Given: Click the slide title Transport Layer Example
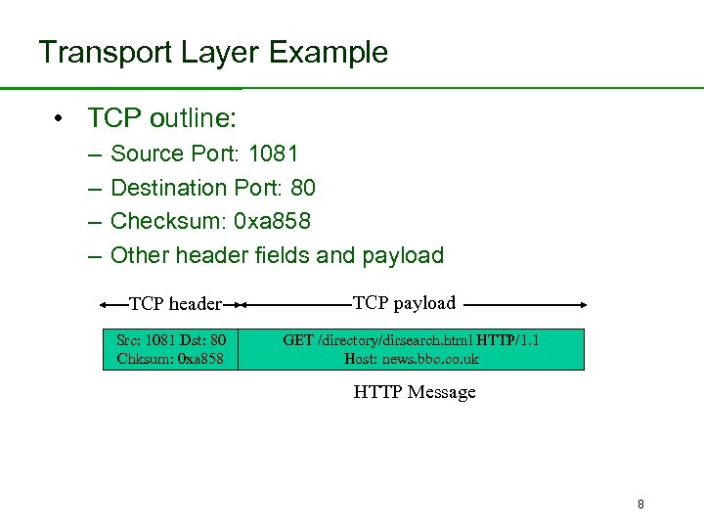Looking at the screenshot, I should pos(212,52).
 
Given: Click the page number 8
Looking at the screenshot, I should pos(640,505).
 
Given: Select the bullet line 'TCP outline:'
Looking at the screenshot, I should pos(161,118).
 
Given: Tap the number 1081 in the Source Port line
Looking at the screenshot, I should pos(273,154).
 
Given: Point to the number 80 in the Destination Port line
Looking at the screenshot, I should pos(303,187).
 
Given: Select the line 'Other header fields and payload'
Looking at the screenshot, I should pos(277,255).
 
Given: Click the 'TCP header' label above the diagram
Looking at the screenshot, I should pos(176,304).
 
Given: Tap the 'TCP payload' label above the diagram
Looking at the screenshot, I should pos(404,303).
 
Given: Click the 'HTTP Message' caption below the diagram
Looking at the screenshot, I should pos(414,392).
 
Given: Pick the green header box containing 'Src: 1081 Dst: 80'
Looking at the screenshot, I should pos(170,349).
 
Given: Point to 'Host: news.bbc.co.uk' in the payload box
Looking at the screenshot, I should pos(412,359).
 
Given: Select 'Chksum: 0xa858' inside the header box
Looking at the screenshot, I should pos(170,359).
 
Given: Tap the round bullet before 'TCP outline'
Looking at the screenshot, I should pos(60,119).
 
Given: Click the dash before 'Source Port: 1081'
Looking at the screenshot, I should pos(93,154).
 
